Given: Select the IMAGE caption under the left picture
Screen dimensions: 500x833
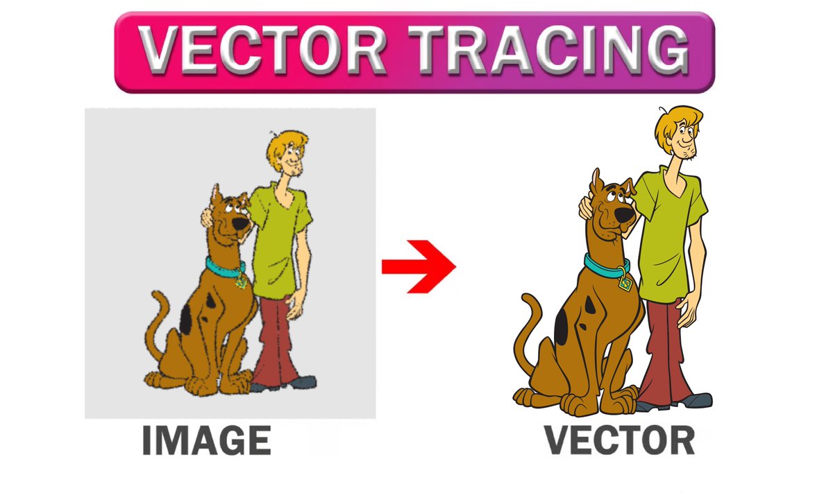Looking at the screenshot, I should (205, 441).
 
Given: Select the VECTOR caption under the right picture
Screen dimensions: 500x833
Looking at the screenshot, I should (618, 440).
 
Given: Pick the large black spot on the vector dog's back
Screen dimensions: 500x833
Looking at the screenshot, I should (562, 322).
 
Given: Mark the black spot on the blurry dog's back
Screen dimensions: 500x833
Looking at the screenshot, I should (186, 318).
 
